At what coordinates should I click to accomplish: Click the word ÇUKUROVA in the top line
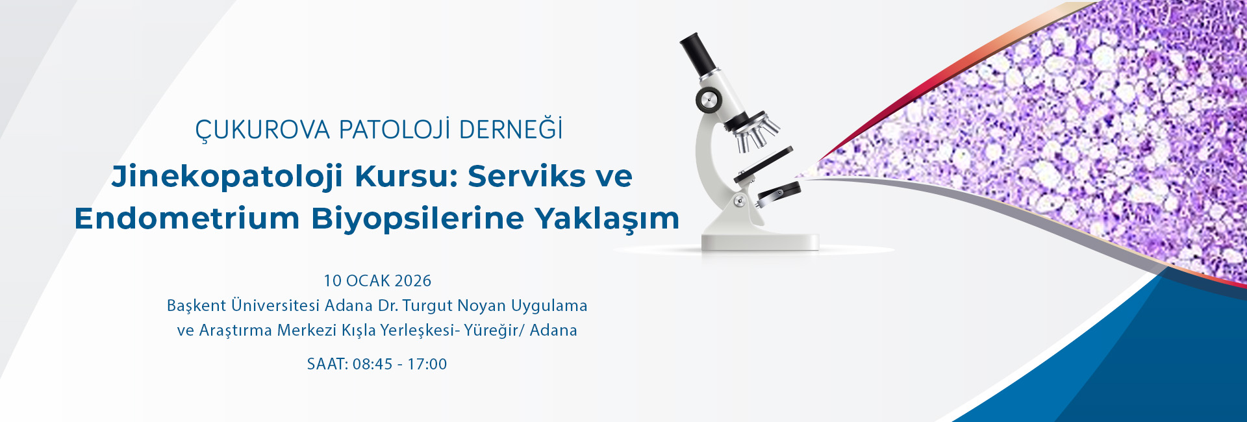coord(263,130)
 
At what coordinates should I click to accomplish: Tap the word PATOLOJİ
coord(395,129)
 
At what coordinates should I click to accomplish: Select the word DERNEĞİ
coord(511,129)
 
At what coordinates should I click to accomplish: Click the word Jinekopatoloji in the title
coord(227,177)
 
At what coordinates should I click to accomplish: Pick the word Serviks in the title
coord(527,176)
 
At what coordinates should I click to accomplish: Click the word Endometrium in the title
coord(187,218)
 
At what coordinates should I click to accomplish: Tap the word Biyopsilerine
coord(417,219)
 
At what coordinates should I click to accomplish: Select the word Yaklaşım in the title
coord(607,219)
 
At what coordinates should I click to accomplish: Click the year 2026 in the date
coord(412,280)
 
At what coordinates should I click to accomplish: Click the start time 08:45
coord(373,364)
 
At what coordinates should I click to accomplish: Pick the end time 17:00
coord(427,364)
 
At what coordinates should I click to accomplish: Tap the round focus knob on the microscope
coord(709,100)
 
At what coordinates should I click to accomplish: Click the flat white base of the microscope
coord(760,241)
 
